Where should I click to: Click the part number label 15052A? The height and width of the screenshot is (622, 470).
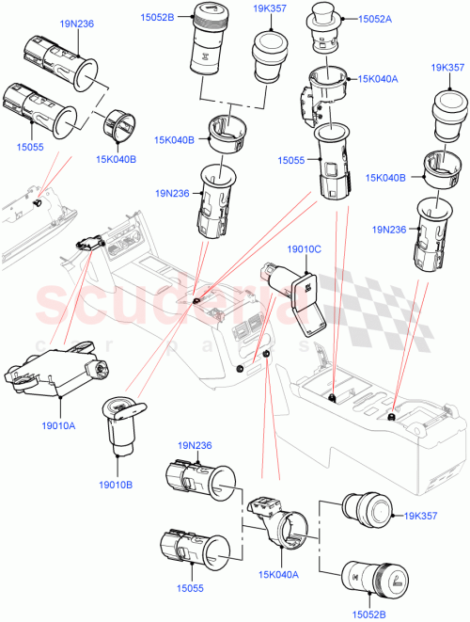373,19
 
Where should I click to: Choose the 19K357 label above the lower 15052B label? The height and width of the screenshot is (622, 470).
420,517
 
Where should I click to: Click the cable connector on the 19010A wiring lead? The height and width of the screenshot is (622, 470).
88,242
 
